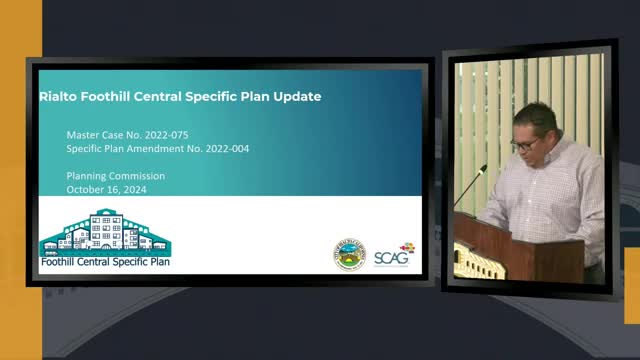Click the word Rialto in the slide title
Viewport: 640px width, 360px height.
(x=58, y=97)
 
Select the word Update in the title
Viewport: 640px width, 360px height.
(x=296, y=97)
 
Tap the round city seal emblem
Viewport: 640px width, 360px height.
(x=349, y=255)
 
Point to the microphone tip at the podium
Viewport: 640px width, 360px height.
(x=483, y=169)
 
